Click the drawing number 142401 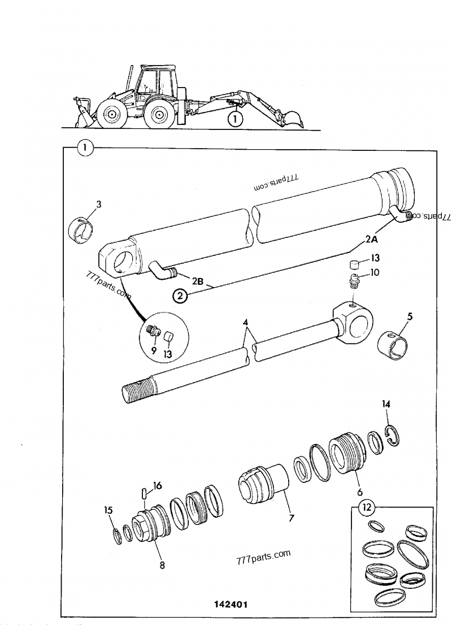click(x=231, y=604)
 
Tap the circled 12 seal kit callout click(x=368, y=507)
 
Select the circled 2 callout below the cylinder click(x=179, y=296)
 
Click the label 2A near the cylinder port click(x=371, y=239)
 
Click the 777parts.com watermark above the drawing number click(x=264, y=557)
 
